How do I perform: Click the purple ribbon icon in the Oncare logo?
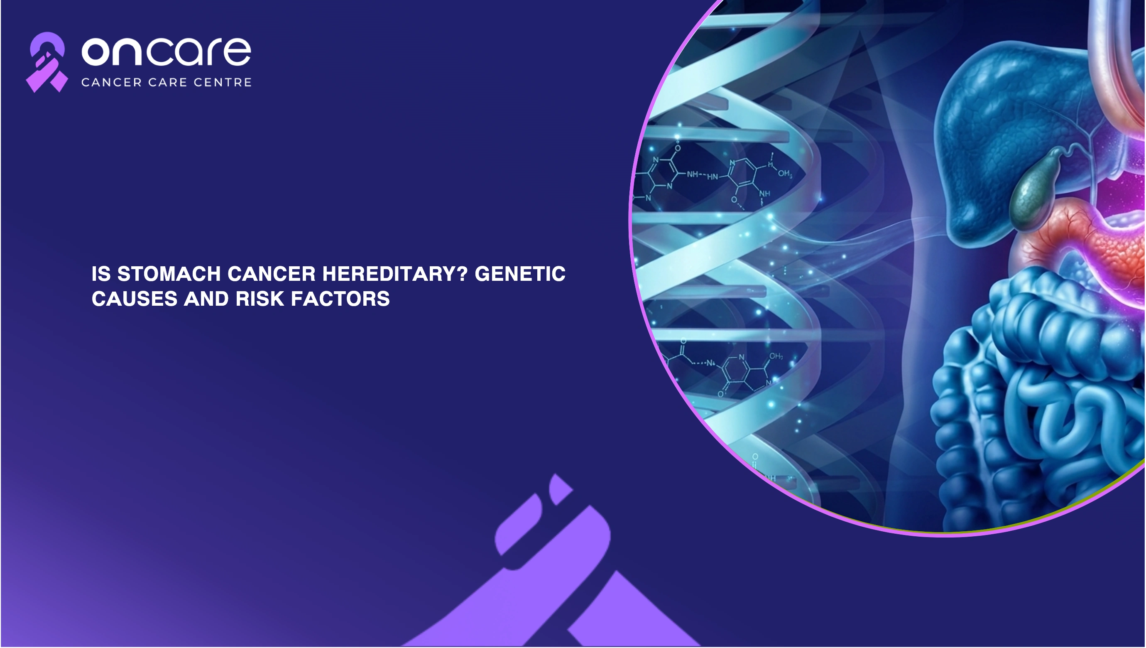point(47,62)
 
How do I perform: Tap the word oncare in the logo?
point(167,51)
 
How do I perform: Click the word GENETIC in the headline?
point(520,274)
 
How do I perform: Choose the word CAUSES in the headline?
point(135,299)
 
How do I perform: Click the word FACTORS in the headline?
point(340,299)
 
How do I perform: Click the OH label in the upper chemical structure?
point(785,173)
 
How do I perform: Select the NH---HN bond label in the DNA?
point(702,175)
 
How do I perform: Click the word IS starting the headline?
point(101,274)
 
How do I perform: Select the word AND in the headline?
point(206,299)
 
